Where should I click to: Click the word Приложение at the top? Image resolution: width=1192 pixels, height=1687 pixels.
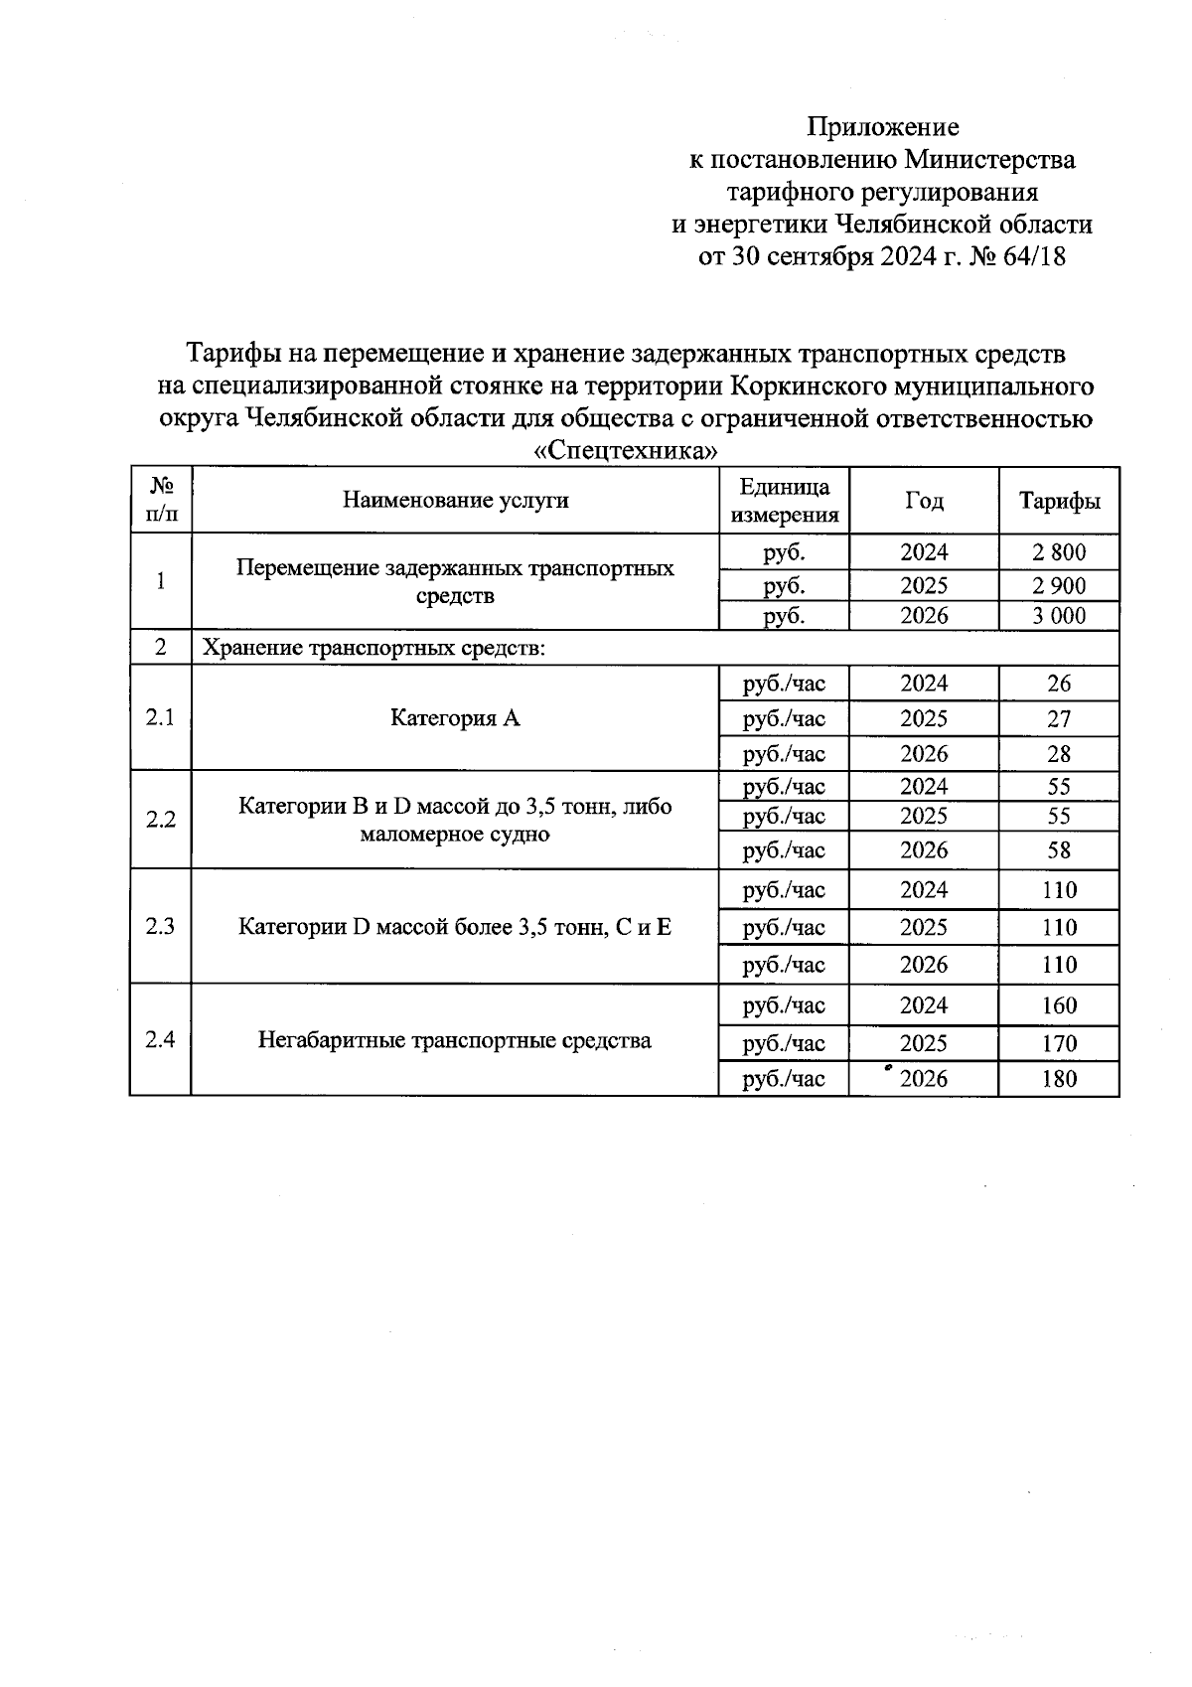point(882,127)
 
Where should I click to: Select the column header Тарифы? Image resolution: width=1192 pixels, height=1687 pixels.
point(1059,500)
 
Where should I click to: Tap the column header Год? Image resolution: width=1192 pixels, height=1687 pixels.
point(924,500)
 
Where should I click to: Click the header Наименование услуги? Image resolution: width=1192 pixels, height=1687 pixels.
point(455,500)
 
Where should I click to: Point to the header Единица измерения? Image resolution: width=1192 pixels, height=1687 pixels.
point(785,500)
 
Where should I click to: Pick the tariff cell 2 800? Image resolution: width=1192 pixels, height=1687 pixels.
point(1059,552)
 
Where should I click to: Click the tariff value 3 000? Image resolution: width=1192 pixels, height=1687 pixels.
point(1059,616)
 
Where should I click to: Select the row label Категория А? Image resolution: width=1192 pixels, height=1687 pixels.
point(455,717)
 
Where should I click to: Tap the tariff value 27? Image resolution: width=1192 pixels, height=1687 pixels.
point(1059,718)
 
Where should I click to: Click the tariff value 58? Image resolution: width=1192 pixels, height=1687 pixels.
point(1059,850)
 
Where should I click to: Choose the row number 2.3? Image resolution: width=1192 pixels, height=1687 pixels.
point(160,927)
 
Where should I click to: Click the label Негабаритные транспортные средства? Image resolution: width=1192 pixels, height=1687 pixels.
point(455,1040)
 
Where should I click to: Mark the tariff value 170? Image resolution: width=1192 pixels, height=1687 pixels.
point(1059,1043)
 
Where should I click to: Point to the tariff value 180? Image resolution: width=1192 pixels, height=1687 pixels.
point(1059,1079)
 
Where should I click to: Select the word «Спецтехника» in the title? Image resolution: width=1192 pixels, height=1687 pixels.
point(626,451)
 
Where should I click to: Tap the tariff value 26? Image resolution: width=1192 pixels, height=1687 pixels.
point(1059,684)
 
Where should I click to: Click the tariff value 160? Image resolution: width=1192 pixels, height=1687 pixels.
point(1059,1005)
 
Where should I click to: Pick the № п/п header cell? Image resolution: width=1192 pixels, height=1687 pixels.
point(160,500)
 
